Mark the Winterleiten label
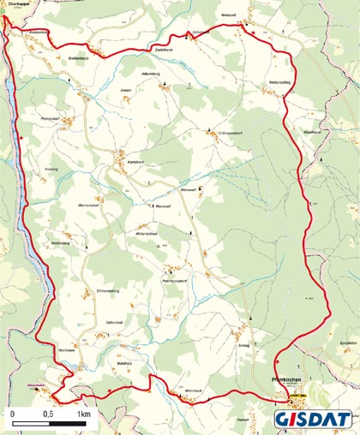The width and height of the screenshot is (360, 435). point(147,234)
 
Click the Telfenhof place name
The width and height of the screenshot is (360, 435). point(114,323)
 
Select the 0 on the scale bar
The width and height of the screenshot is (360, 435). point(13,414)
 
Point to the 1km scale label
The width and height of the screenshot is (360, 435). point(83,414)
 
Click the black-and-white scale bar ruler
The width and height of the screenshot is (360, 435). point(47,426)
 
